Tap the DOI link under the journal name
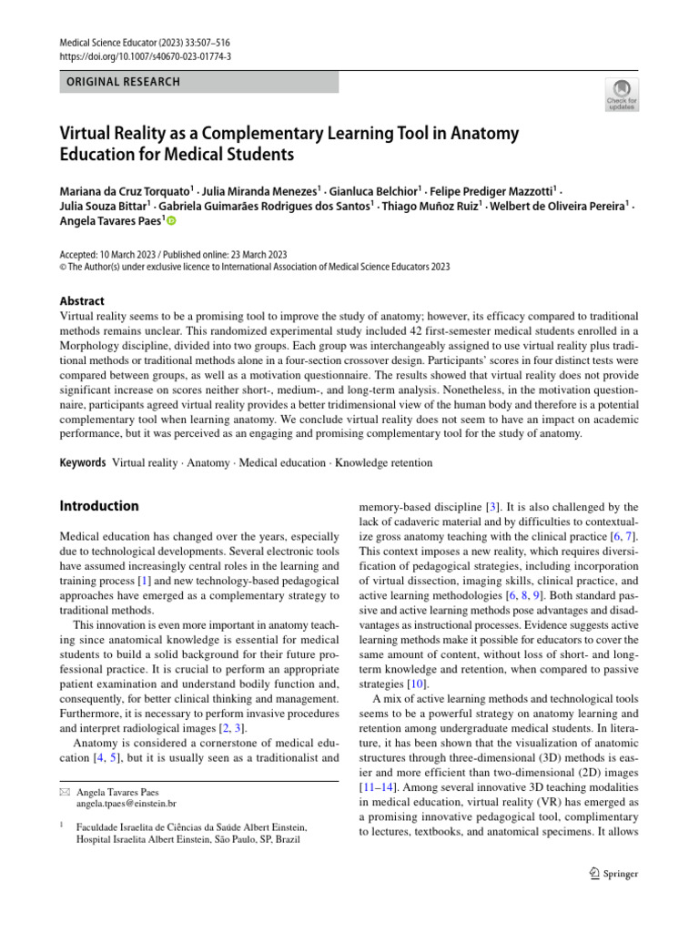[144, 56]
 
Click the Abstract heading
[82, 301]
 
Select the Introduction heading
[99, 506]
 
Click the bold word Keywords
[83, 463]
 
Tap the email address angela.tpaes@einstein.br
[127, 805]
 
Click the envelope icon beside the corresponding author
[64, 792]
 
